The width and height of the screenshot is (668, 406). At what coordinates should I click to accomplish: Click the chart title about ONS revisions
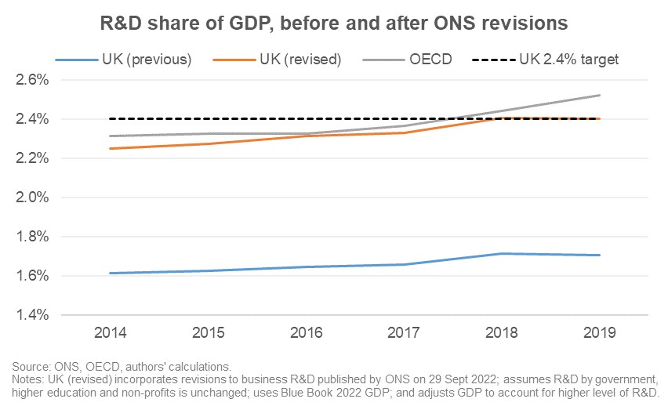(x=333, y=23)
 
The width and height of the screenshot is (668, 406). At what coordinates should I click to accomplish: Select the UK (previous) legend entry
(x=124, y=60)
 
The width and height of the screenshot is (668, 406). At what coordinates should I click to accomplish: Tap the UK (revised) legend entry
(x=278, y=60)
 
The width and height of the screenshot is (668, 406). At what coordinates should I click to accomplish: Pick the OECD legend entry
(x=407, y=60)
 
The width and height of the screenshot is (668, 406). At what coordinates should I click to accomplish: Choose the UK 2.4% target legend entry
(x=546, y=60)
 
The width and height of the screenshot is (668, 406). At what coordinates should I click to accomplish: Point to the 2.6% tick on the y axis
(x=32, y=80)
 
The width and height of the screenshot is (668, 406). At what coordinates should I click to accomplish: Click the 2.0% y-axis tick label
(x=32, y=198)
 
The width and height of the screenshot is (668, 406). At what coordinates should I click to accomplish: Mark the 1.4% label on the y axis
(x=32, y=315)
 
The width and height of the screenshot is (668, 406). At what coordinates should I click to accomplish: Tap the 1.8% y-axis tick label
(x=32, y=237)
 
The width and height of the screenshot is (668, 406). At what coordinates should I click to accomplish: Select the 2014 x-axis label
(x=111, y=332)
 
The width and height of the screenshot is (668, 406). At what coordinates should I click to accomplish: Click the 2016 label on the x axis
(x=307, y=332)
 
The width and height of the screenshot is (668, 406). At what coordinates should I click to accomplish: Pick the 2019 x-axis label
(x=600, y=332)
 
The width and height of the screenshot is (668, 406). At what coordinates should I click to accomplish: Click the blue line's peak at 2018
(x=502, y=253)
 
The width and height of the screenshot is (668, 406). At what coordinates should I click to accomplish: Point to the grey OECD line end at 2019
(x=600, y=96)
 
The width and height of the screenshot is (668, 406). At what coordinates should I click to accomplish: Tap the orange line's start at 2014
(x=111, y=149)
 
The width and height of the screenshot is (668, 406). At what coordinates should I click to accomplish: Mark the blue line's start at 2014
(x=111, y=273)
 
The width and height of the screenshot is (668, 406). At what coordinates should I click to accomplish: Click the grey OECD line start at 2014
(x=111, y=136)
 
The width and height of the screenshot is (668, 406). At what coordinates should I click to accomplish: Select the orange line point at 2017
(x=404, y=132)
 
